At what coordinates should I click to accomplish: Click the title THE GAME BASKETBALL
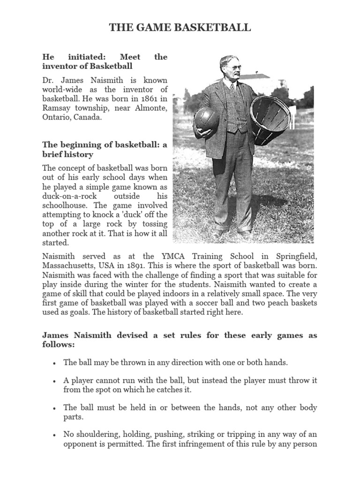click(x=180, y=28)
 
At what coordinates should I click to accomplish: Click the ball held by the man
click(x=206, y=120)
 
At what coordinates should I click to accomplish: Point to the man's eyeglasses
click(x=235, y=67)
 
